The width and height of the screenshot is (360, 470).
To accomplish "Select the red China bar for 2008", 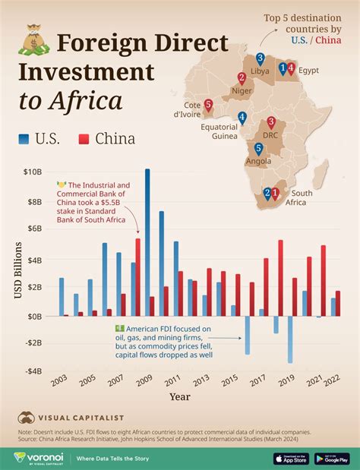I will (137, 277).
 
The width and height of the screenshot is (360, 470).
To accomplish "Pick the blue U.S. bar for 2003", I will (62, 296).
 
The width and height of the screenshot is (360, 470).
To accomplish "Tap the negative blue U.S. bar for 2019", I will (290, 339).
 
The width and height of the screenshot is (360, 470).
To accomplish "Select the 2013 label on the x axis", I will (201, 379).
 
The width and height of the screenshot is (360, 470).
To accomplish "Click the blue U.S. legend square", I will (24, 138).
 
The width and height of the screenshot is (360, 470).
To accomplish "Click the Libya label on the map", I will (260, 71).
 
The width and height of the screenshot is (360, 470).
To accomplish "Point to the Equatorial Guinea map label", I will (219, 131).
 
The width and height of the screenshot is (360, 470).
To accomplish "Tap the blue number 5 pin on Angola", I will (258, 150).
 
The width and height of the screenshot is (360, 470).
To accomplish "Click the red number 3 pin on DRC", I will (270, 122).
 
